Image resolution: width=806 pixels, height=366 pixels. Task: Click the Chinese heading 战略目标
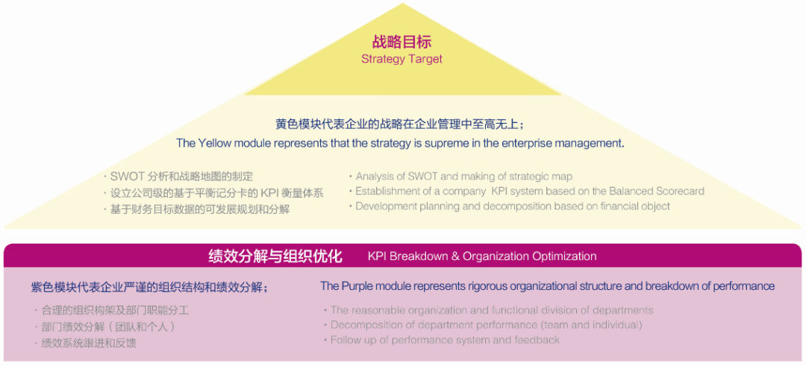point(402,42)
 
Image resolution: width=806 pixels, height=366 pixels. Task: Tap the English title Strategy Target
point(402,59)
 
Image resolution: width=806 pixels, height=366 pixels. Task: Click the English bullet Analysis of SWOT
point(463,177)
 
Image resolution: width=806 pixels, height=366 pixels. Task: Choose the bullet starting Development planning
point(512,206)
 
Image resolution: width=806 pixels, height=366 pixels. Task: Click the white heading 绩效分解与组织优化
point(275,256)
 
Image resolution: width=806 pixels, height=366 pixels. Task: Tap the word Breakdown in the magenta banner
point(419,256)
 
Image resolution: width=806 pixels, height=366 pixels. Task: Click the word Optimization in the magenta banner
point(564,256)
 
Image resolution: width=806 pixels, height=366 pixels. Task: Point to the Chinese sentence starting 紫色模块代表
point(150,287)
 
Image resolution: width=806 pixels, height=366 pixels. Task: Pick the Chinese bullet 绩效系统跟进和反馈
point(89,343)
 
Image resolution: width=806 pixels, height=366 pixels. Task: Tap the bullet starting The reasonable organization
point(492,310)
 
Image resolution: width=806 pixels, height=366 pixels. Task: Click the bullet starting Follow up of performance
point(445,340)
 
